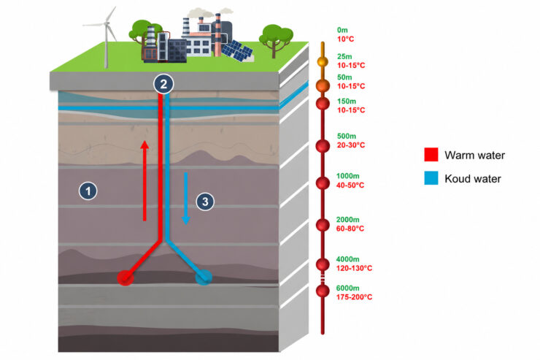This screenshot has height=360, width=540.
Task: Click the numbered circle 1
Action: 88,191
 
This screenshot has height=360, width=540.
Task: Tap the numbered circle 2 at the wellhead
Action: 163,84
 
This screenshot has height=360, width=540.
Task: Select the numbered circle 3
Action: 205,202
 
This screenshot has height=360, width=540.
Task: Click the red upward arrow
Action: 144,180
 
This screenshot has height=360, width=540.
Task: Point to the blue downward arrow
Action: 185,199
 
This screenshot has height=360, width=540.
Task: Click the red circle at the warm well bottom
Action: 126,277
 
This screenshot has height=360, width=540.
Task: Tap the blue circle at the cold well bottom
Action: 204,277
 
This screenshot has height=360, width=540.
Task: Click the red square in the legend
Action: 431,155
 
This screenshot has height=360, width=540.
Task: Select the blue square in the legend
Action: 431,178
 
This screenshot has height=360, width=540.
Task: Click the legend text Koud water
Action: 473,179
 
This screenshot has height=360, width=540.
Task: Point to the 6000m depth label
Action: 348,288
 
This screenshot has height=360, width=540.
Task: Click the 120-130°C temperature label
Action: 355,269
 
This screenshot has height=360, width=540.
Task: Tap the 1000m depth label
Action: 348,176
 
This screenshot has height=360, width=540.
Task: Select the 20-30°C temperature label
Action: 351,145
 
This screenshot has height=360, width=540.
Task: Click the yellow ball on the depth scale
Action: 323,61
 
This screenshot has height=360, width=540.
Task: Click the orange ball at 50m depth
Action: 323,85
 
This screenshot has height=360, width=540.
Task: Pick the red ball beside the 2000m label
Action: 323,225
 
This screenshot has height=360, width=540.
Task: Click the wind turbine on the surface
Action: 105,37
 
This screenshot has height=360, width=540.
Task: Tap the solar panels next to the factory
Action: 237,51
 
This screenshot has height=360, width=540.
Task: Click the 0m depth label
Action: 342,31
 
